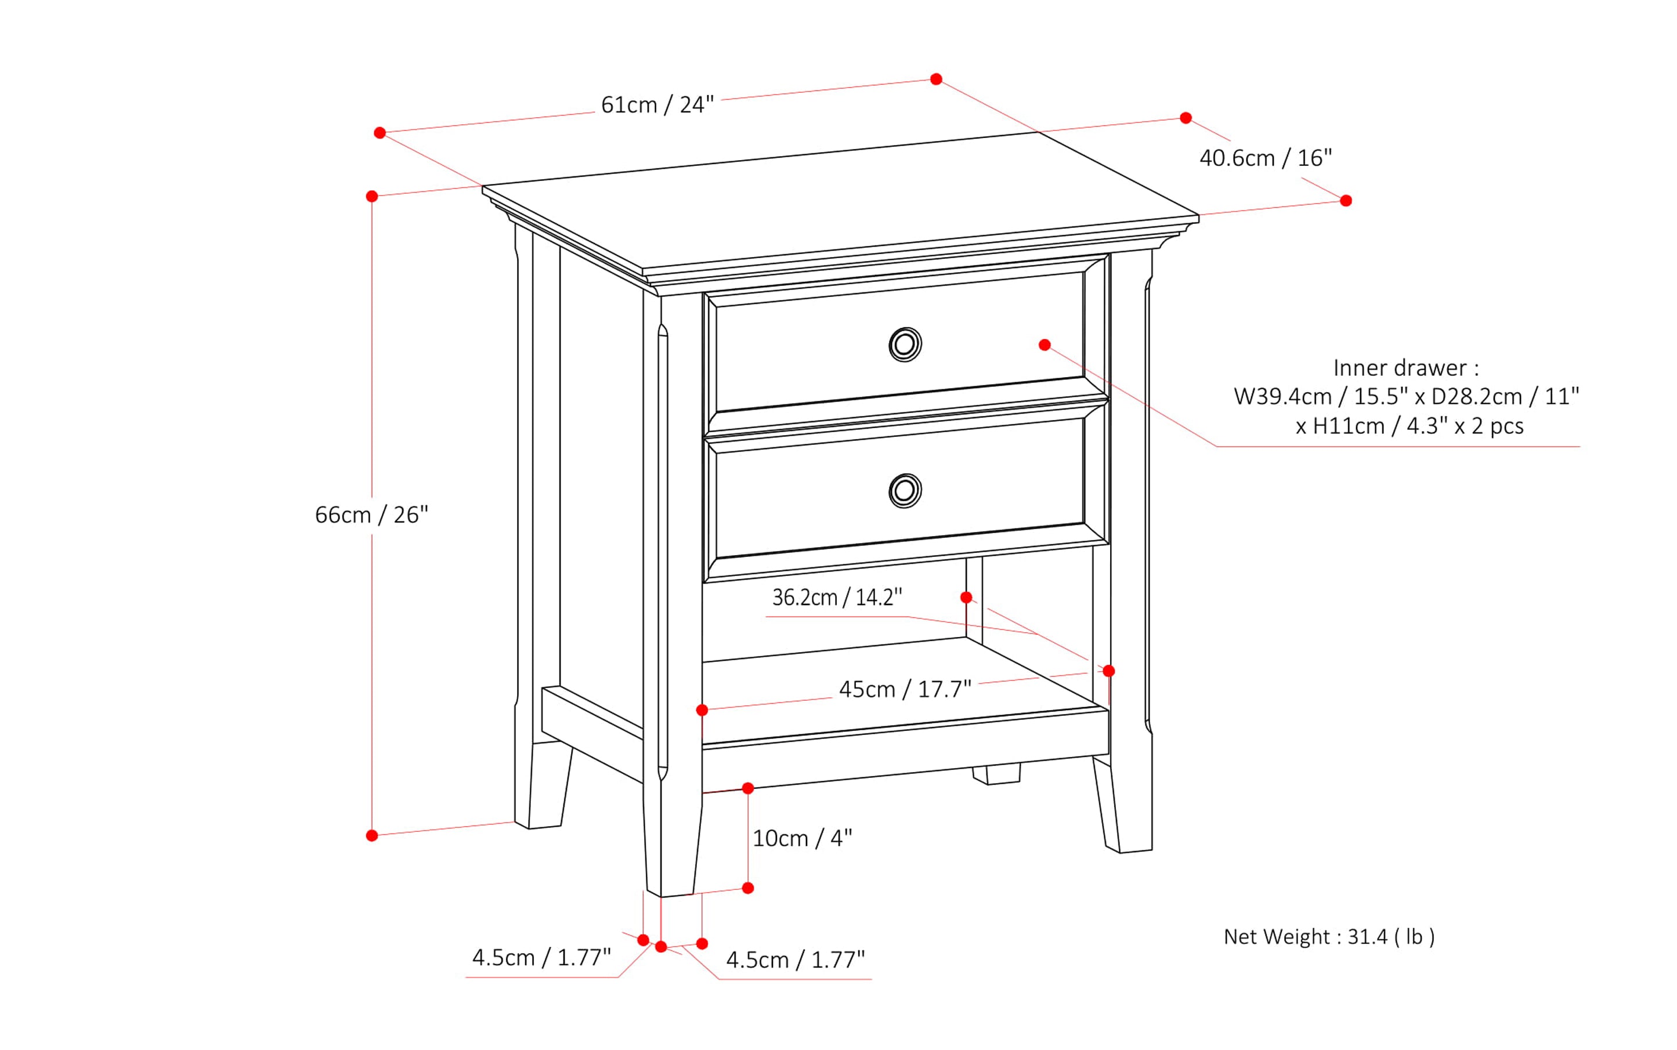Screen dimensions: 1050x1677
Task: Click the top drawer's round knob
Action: coord(905,345)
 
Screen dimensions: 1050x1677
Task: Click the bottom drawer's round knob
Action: coord(905,491)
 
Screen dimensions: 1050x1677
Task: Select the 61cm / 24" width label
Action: coord(657,105)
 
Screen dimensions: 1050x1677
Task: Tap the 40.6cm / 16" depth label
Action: coord(1265,158)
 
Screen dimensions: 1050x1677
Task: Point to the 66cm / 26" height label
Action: coord(371,515)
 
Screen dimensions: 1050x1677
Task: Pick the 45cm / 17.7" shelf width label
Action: coord(905,690)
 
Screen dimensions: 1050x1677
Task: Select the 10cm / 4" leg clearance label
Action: coord(802,839)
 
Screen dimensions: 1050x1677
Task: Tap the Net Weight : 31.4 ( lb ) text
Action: coord(1328,937)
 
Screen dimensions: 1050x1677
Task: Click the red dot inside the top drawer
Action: coord(1044,345)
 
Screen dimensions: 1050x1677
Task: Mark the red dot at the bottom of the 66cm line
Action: coord(371,835)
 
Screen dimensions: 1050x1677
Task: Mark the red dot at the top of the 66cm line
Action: coord(371,197)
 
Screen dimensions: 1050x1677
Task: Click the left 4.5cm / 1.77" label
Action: coord(541,958)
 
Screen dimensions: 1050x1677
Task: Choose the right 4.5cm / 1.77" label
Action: coord(795,960)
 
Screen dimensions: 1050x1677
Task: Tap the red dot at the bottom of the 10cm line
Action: coord(747,888)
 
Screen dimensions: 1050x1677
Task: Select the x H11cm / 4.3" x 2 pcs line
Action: coord(1409,426)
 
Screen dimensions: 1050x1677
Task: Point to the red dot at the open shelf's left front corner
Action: coord(702,709)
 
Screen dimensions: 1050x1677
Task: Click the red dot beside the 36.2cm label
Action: coord(966,597)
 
